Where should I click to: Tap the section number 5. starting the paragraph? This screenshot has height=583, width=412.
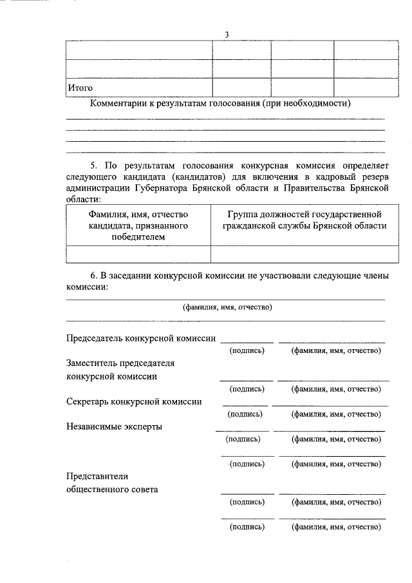click(x=96, y=166)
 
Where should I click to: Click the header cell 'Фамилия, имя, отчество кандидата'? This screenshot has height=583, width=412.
click(x=138, y=225)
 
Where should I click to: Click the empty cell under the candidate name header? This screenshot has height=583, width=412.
click(x=138, y=254)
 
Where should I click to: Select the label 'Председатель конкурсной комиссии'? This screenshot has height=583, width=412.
click(x=141, y=338)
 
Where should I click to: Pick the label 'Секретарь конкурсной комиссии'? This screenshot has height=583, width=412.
click(x=134, y=401)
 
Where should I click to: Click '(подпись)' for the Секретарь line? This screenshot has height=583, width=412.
click(x=247, y=414)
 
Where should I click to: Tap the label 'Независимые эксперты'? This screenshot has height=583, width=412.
click(x=114, y=426)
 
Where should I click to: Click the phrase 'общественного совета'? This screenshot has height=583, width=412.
click(x=112, y=489)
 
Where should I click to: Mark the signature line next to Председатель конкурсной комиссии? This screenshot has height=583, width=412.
click(x=247, y=341)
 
